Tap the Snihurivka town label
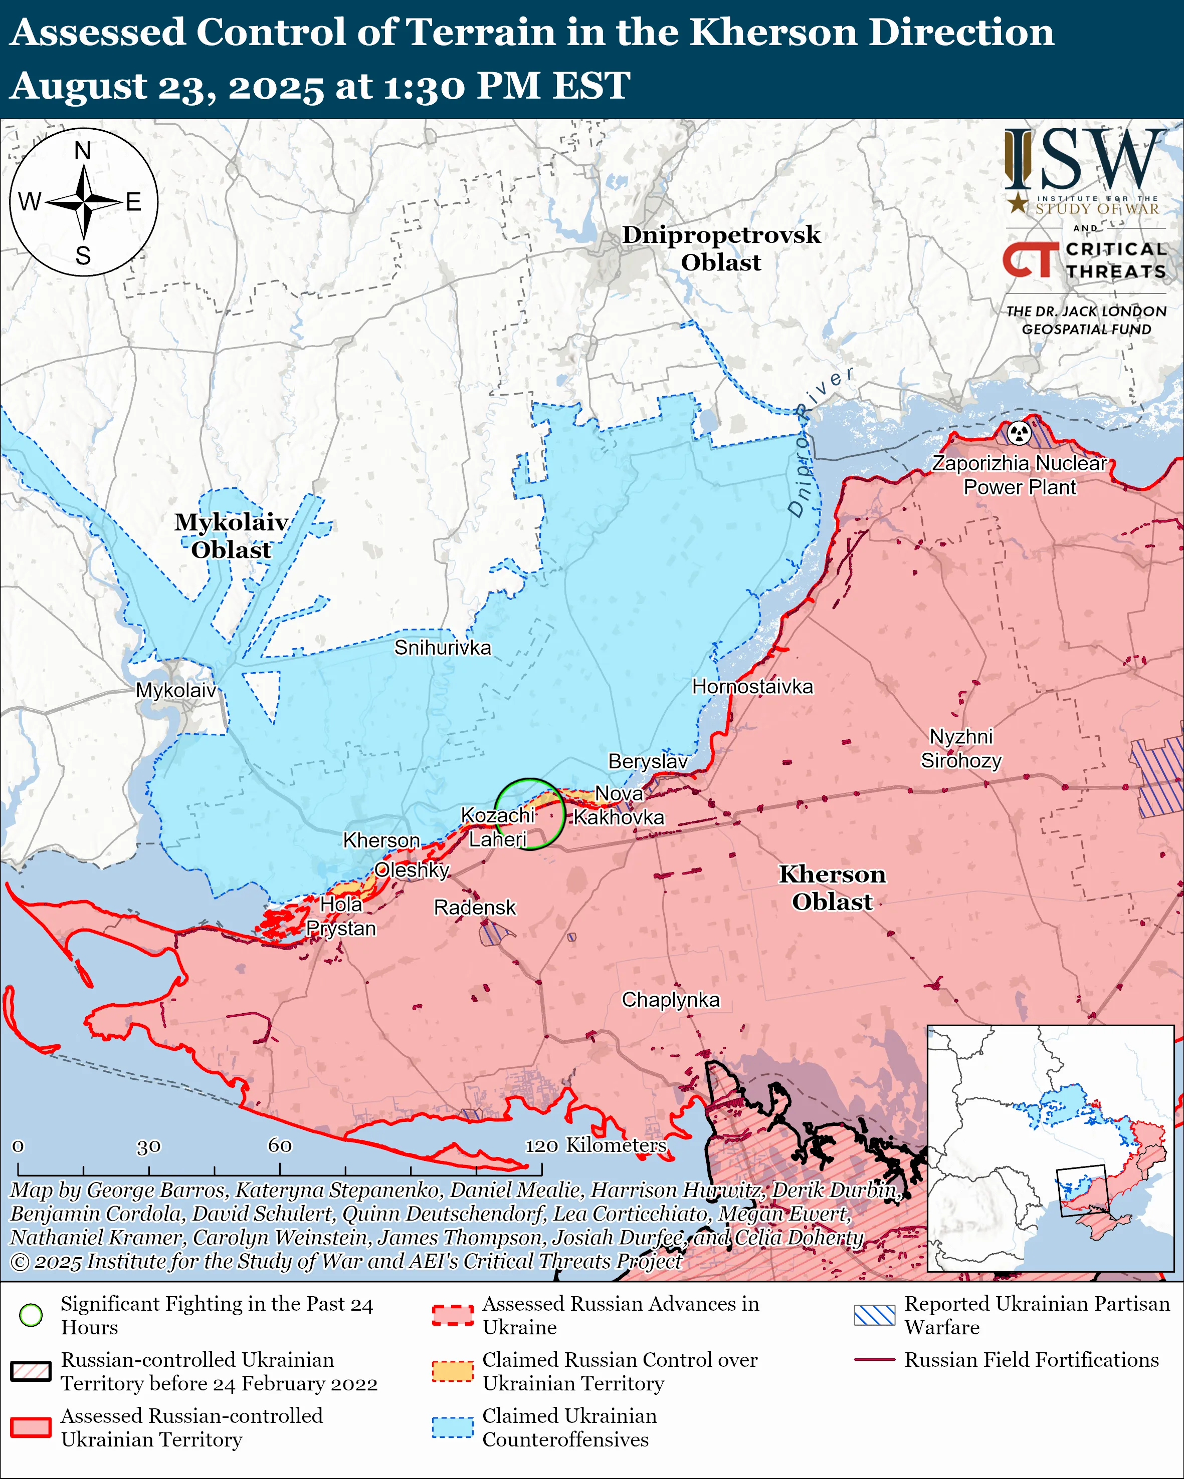[x=442, y=648]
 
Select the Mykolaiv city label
[x=176, y=690]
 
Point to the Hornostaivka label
[x=752, y=687]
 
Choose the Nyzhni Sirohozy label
[x=961, y=748]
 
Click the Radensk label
[x=474, y=908]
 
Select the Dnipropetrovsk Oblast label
[x=721, y=248]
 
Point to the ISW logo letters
[x=1084, y=162]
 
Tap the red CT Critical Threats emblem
[x=1031, y=259]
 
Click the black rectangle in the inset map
[x=1082, y=1190]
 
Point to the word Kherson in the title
[x=772, y=33]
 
